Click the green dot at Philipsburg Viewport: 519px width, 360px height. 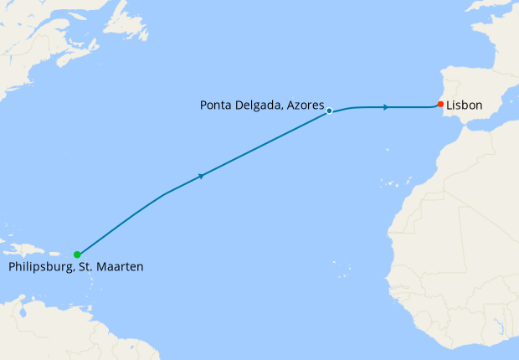(x=76, y=255)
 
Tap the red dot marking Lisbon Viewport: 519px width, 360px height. (x=440, y=105)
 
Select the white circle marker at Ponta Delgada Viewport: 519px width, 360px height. (x=330, y=111)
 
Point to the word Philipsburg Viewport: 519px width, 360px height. (x=42, y=267)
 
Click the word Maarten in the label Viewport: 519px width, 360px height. (x=121, y=267)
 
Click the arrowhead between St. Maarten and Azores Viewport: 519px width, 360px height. (x=202, y=176)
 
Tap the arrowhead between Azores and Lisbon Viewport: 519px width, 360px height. (x=385, y=107)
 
